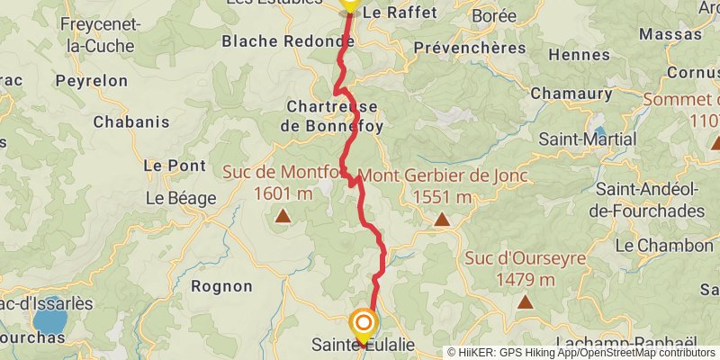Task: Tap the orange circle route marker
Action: tap(363, 322)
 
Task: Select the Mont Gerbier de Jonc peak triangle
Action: tap(442, 219)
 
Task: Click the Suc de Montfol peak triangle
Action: tap(283, 215)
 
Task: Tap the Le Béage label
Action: tap(180, 197)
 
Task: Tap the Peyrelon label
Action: tap(91, 80)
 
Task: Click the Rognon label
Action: tap(221, 286)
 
